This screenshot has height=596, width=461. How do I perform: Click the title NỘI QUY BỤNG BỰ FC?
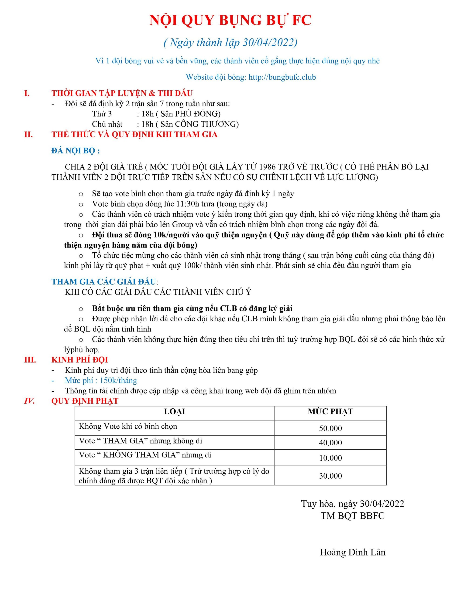coord(230,20)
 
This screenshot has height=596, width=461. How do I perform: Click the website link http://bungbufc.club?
coord(282,77)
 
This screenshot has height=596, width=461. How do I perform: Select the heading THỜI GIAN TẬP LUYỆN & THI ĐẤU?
coord(122,93)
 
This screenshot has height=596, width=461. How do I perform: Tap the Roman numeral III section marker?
coord(30,360)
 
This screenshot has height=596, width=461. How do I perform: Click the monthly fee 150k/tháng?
coord(118,380)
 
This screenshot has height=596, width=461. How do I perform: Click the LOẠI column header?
coord(174,412)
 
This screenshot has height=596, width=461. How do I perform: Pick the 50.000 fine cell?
coord(330,428)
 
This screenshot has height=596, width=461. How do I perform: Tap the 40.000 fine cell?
coord(330,442)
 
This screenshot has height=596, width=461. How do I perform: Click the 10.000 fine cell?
coord(330,458)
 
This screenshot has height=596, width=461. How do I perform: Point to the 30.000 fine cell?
coord(330,476)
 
